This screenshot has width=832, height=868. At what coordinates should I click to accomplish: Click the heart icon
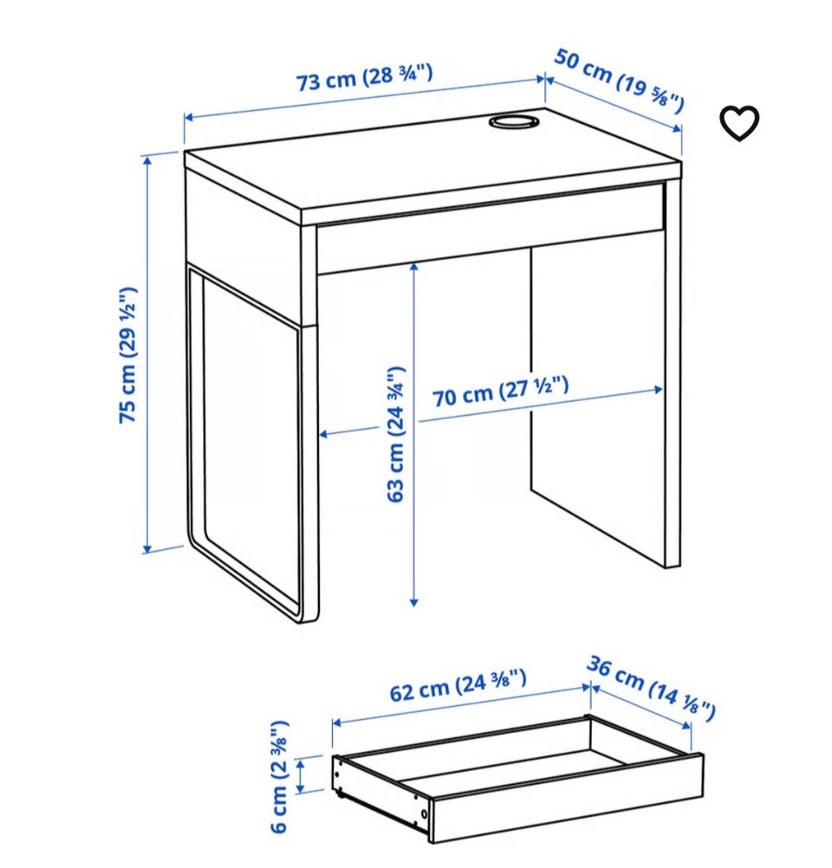coord(739,123)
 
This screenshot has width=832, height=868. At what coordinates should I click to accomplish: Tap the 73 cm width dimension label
coord(365,77)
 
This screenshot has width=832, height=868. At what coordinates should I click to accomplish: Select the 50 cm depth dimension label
coord(620,81)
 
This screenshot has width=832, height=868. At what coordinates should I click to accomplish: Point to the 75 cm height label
coord(127,355)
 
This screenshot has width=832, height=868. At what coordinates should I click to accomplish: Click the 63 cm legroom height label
coord(395,434)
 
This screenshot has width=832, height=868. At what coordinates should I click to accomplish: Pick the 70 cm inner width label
coord(500,391)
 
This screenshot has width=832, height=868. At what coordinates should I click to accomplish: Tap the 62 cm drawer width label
coord(458,684)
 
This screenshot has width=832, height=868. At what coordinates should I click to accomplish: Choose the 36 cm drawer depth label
coord(651,688)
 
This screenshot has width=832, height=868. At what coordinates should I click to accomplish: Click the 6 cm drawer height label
coord(280,776)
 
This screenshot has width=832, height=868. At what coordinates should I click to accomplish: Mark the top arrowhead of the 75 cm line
coord(148,160)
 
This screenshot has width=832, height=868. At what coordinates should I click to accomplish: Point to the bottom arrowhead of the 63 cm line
coord(413,602)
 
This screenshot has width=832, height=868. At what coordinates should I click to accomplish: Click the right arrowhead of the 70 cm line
coord(658,390)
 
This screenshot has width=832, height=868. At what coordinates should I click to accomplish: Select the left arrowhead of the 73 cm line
coord(189,117)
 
